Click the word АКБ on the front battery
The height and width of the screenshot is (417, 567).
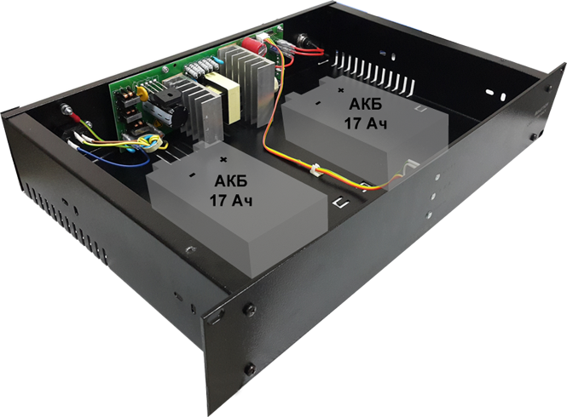tap(231, 181)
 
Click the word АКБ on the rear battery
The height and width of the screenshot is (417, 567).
tap(365, 105)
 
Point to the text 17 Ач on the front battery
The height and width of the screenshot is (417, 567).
tap(231, 199)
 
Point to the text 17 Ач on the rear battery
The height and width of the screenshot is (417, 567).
tap(366, 123)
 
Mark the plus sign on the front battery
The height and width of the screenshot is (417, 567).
tap(224, 159)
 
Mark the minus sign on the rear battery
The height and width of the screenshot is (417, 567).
tap(318, 103)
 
